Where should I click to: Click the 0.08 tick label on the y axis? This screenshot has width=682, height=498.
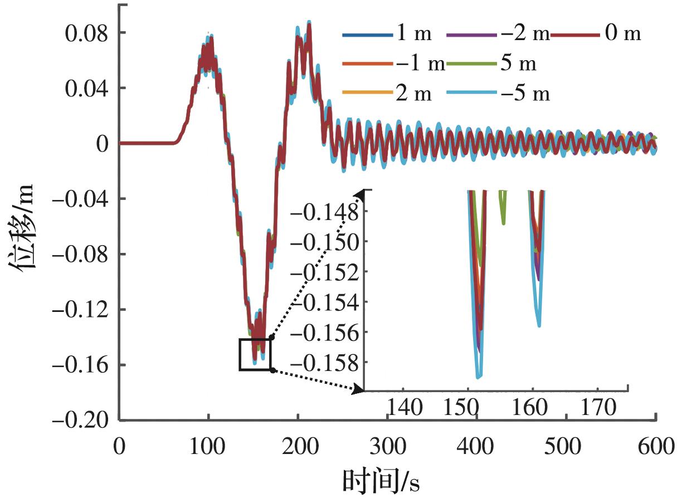[88, 32]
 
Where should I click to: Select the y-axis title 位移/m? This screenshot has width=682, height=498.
[25, 226]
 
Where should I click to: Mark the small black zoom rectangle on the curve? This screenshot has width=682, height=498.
[255, 354]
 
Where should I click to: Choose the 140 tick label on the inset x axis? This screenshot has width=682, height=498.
[405, 408]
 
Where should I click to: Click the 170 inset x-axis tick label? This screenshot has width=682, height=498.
[598, 408]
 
